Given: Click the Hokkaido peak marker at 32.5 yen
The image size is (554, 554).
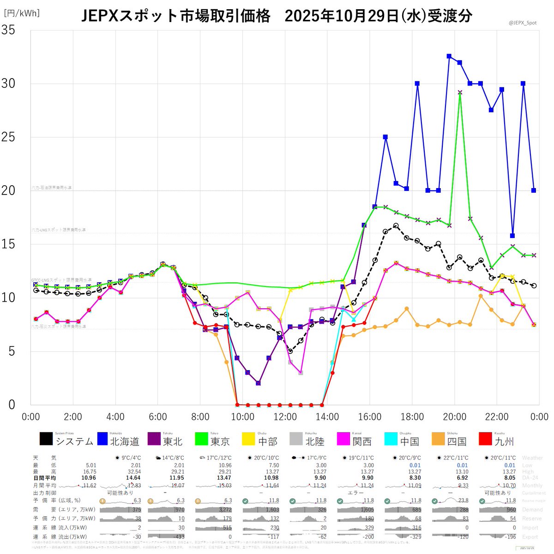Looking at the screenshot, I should click(x=449, y=56).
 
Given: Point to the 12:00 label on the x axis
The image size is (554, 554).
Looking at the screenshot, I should click(x=285, y=417).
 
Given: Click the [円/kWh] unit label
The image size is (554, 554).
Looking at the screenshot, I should click(x=22, y=13).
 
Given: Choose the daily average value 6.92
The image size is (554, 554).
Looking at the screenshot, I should click(x=462, y=478).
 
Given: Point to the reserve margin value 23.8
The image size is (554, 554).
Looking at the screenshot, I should click(x=463, y=500).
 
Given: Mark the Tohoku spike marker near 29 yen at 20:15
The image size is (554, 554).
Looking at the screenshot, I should click(x=460, y=92).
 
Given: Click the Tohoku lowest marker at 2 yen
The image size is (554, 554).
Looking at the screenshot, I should click(x=258, y=383).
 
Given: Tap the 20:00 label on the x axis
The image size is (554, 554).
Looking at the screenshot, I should click(x=454, y=417).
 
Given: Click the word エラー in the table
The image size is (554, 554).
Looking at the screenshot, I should click(x=355, y=493).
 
